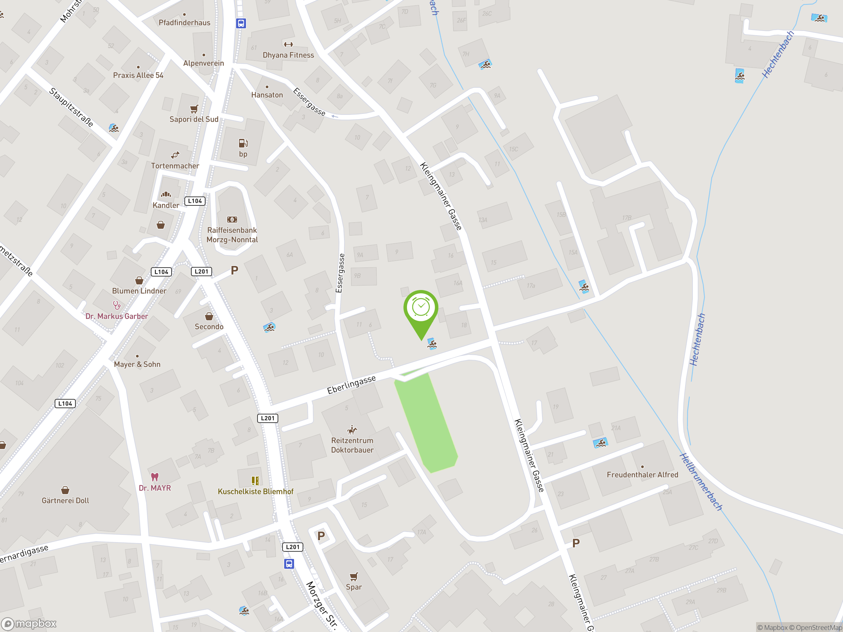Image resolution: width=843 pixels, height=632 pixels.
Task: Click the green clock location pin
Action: coord(421,308)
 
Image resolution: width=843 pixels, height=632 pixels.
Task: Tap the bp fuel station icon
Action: coord(243,143)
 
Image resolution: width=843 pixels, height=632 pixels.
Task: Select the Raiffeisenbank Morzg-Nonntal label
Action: coord(232,235)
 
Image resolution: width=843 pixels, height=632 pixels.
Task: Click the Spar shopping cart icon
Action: coord(354,576)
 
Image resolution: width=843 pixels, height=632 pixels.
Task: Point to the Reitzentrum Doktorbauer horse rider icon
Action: coord(352,430)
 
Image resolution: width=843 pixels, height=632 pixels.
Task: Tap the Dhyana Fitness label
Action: coord(288,55)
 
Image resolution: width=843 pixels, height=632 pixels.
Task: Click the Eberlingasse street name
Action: coord(351,384)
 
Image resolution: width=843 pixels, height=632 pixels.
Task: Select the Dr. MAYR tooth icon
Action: coord(155,477)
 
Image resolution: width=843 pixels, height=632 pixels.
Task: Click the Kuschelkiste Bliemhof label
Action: coord(255,491)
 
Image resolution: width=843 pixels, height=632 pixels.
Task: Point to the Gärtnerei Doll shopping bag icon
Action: coord(65,490)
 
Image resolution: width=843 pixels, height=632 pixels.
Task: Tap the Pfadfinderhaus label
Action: coord(184,22)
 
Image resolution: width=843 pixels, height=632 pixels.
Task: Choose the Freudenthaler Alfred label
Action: coord(642,475)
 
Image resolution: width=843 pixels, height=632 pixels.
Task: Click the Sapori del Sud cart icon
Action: coord(194,109)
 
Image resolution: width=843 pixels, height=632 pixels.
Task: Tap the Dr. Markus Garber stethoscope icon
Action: coord(117,305)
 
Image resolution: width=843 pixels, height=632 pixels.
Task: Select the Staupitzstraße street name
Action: coord(71,107)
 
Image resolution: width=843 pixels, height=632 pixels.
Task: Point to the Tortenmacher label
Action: coord(175,166)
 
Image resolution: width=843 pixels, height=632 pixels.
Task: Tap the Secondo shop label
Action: coord(209,327)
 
